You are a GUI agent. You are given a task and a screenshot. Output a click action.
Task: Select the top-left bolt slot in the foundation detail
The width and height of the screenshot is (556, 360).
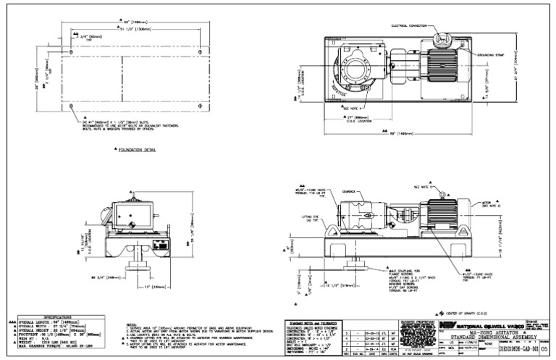click(75, 49)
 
